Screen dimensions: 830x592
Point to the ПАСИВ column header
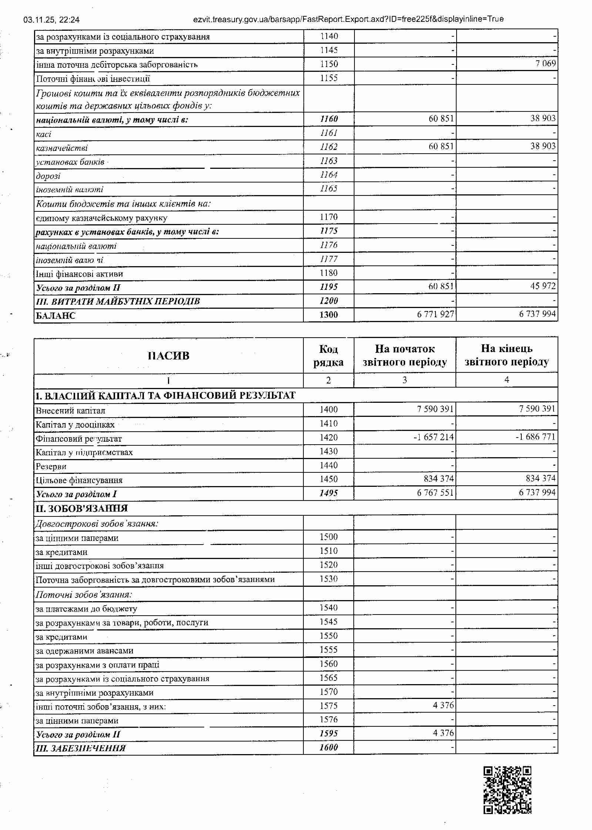coord(168,356)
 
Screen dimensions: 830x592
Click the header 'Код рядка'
coord(328,356)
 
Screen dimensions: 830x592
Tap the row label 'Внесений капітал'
coord(70,411)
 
